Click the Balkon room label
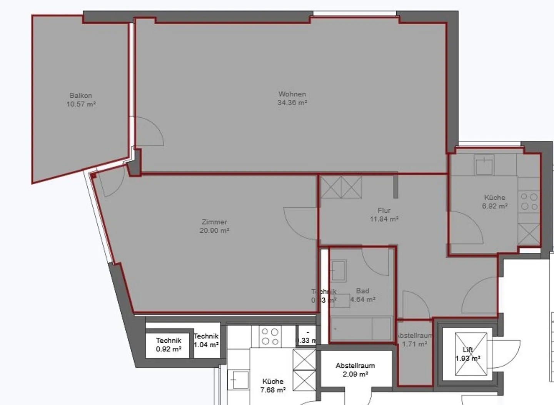pyautogui.click(x=81, y=95)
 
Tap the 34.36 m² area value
pyautogui.click(x=292, y=103)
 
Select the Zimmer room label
pyautogui.click(x=214, y=222)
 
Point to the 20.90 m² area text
pyautogui.click(x=214, y=231)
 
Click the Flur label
pyautogui.click(x=384, y=210)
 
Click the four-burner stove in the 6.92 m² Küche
pyautogui.click(x=529, y=202)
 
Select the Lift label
pyautogui.click(x=468, y=350)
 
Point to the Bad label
pyautogui.click(x=362, y=291)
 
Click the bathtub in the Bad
pyautogui.click(x=361, y=329)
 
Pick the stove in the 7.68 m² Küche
pyautogui.click(x=270, y=337)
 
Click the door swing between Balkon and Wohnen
pyautogui.click(x=149, y=132)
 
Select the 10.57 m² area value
pyautogui.click(x=81, y=104)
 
